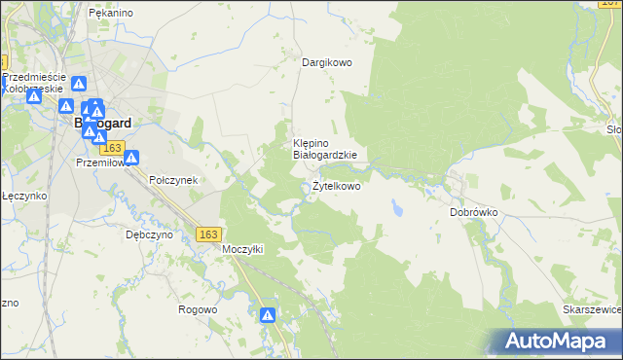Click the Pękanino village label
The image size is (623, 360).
click(x=110, y=13)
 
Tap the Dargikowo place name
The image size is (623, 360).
click(x=326, y=62)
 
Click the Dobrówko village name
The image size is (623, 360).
click(x=474, y=211)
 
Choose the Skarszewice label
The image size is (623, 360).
click(x=592, y=308)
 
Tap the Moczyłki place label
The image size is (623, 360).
click(x=243, y=249)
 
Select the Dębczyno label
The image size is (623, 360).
click(x=149, y=234)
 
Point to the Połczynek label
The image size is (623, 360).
click(x=173, y=180)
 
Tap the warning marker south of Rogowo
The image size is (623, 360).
click(x=268, y=315)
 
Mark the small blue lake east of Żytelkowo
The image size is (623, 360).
click(x=396, y=207)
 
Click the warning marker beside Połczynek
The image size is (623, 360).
click(x=132, y=158)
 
